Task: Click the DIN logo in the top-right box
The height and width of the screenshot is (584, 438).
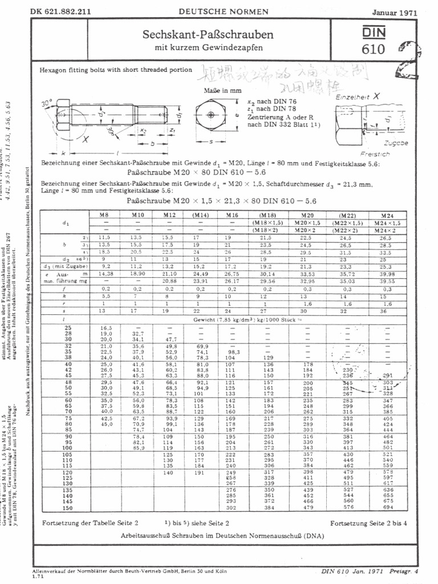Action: pos(373,34)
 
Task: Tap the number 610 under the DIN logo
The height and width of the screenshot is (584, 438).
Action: pos(373,50)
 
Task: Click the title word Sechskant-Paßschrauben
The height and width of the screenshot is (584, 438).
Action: pos(208,35)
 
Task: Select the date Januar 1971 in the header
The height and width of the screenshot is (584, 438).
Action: pos(395,12)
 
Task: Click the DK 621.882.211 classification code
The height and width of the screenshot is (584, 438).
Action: pos(61,11)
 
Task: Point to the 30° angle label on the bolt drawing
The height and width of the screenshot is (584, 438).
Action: pos(47,103)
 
